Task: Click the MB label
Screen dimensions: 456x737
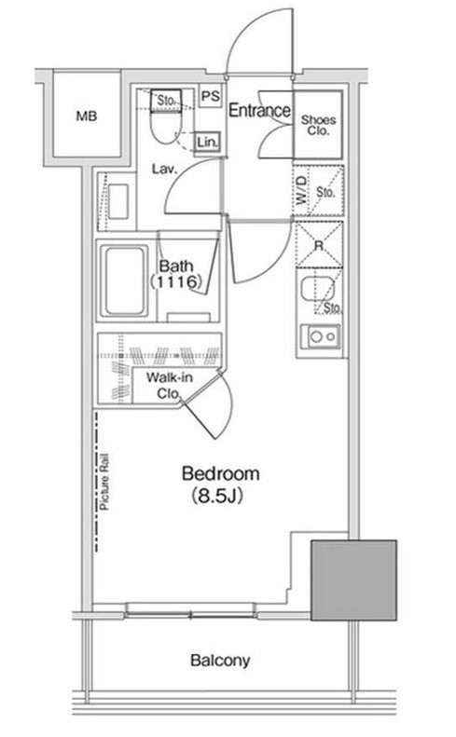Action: [x=87, y=116]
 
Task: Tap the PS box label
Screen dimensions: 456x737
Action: [x=210, y=96]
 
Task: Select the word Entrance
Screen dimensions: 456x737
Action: [x=259, y=111]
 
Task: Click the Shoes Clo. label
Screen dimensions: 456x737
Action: [x=318, y=126]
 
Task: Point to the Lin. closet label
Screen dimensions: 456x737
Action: [x=207, y=142]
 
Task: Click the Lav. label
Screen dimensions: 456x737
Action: [x=164, y=169]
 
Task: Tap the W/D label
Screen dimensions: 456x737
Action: [x=301, y=190]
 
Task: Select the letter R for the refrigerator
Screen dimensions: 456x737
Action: [x=319, y=245]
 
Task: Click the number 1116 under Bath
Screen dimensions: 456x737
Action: [x=176, y=281]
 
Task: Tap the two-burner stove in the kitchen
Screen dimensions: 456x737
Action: [x=322, y=336]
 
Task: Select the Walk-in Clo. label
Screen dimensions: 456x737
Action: [x=169, y=386]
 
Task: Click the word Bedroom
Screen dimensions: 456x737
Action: [x=221, y=473]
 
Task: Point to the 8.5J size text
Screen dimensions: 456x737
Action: [x=217, y=496]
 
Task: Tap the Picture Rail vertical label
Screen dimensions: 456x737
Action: [x=104, y=482]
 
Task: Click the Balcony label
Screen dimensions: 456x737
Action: [x=220, y=661]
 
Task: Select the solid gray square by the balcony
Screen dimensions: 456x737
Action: [x=353, y=580]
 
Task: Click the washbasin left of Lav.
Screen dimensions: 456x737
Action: [x=118, y=201]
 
